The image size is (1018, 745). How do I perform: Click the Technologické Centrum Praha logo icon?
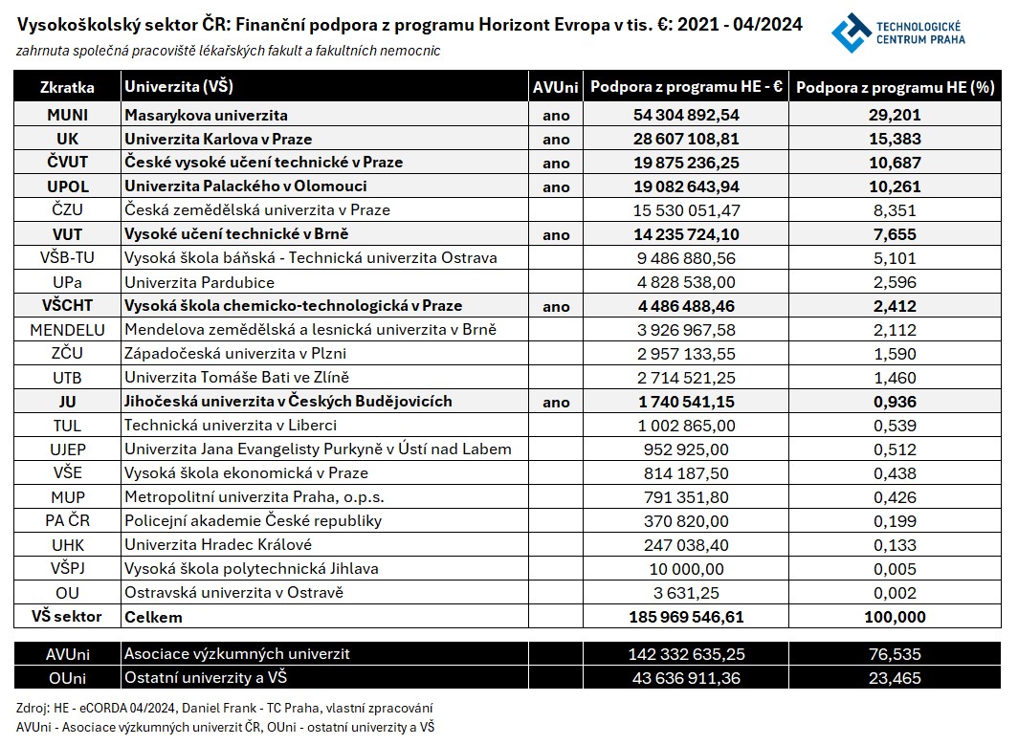pyautogui.click(x=851, y=33)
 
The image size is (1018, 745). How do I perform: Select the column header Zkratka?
pyautogui.click(x=67, y=88)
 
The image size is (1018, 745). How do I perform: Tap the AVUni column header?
pyautogui.click(x=556, y=88)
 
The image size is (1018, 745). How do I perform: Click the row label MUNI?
pyautogui.click(x=67, y=115)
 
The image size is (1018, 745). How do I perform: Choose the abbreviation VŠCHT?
pyautogui.click(x=67, y=306)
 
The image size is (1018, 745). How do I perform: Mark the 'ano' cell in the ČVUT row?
pyautogui.click(x=556, y=163)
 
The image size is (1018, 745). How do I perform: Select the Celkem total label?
pyautogui.click(x=153, y=617)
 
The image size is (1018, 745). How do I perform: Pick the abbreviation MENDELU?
pyautogui.click(x=67, y=330)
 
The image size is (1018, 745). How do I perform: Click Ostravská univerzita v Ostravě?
pyautogui.click(x=233, y=593)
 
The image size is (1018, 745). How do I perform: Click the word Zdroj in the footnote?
pyautogui.click(x=33, y=709)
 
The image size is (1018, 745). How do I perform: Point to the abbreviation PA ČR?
pyautogui.click(x=67, y=521)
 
